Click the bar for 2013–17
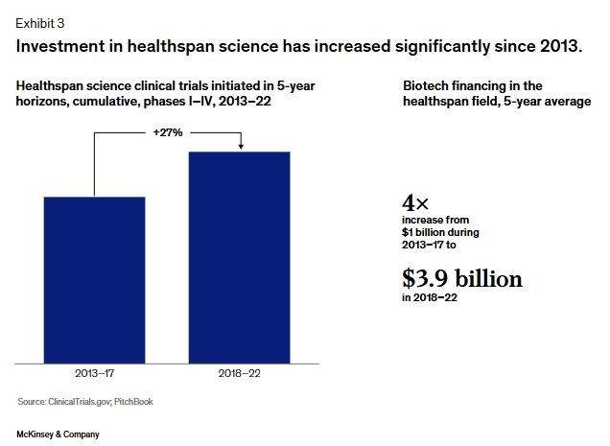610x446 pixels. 95,280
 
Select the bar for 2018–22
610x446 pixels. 239,258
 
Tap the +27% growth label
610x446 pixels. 168,132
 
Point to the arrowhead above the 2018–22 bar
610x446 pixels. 241,147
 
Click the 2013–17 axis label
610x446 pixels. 95,374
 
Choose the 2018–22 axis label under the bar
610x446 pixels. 239,374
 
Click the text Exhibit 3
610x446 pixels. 40,23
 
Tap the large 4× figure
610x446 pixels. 415,202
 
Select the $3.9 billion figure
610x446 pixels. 462,278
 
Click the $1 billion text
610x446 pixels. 424,232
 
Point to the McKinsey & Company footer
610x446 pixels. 58,434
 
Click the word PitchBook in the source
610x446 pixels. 133,402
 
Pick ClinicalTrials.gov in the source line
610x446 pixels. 80,402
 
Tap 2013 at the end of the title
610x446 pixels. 560,46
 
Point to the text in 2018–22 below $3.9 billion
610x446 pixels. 430,297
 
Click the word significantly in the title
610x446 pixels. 442,47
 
